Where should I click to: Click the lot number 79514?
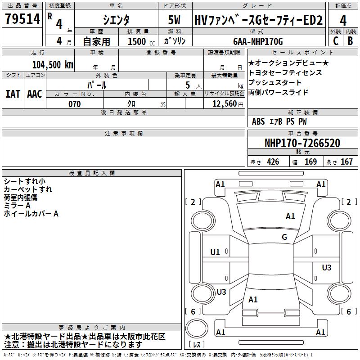click(x=22, y=19)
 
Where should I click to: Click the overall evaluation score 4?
click(x=343, y=20)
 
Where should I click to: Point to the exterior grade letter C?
click(x=335, y=40)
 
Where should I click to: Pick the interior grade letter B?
click(x=350, y=40)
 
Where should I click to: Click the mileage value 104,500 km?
click(x=53, y=64)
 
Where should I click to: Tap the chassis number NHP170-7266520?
click(x=302, y=144)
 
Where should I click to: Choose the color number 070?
click(x=74, y=104)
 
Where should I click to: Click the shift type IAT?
click(x=13, y=94)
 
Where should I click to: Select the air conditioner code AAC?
click(x=35, y=94)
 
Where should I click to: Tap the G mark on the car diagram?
click(x=284, y=237)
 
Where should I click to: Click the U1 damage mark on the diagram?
click(x=215, y=252)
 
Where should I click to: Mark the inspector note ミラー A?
click(x=17, y=206)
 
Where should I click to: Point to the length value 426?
click(x=273, y=162)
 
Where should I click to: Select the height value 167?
click(x=346, y=162)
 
